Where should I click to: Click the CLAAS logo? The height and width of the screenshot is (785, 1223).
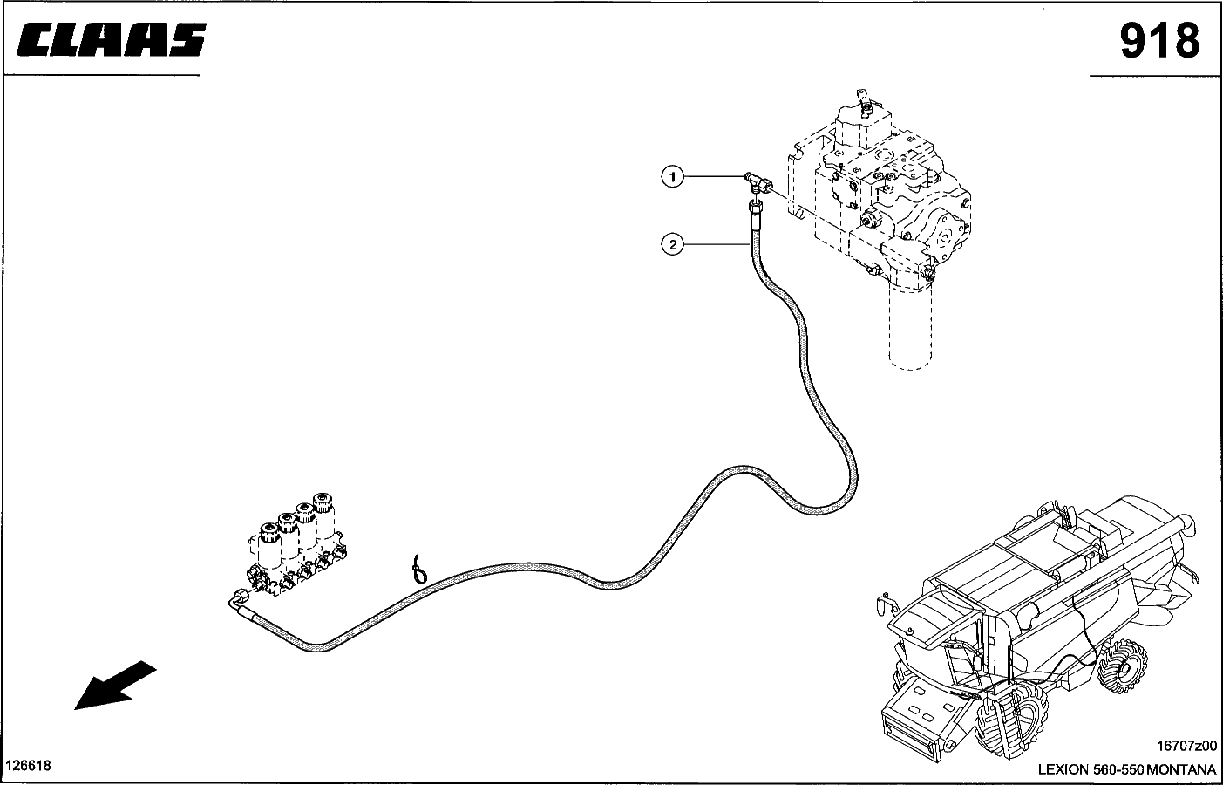[111, 40]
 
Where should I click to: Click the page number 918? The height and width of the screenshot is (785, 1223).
[1158, 40]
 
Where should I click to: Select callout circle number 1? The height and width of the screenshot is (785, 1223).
[670, 178]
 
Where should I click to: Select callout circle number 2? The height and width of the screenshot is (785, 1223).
[672, 244]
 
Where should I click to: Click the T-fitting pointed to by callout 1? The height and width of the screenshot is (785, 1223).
[757, 181]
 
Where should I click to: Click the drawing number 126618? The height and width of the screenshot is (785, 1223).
[29, 766]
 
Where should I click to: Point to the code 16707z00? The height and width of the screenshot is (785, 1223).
[1185, 747]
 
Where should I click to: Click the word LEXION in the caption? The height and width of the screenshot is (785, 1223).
[1063, 769]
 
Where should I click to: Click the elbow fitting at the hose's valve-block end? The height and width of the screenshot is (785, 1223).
[236, 601]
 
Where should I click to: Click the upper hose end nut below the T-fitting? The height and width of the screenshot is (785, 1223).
[755, 206]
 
